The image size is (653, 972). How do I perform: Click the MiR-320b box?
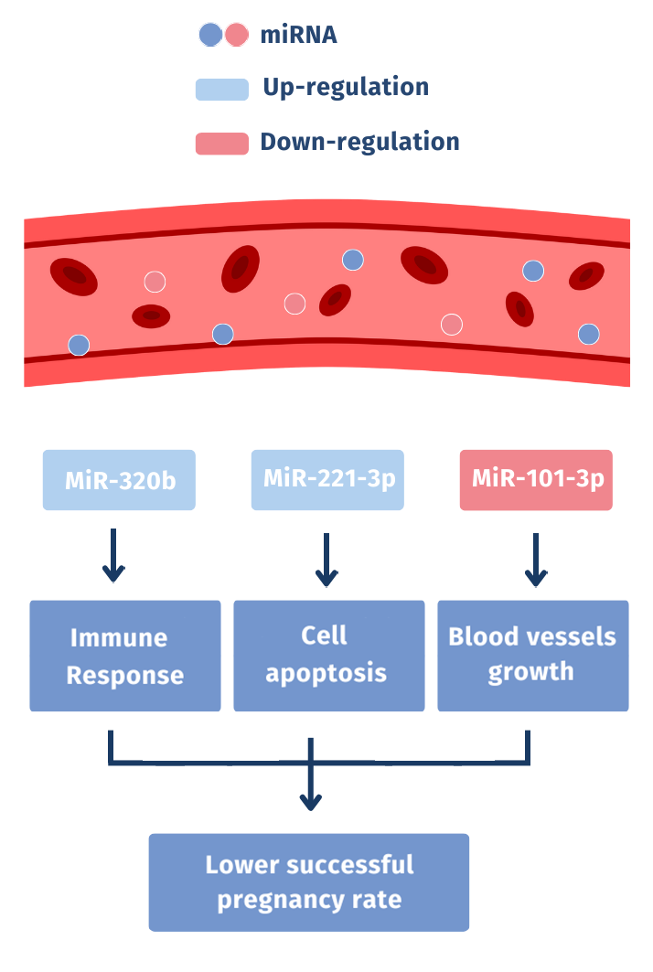coord(119,480)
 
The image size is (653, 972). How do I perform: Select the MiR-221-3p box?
coord(326,479)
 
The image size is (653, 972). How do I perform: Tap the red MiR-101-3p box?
coord(535,479)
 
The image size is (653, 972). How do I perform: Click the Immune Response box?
coord(125,656)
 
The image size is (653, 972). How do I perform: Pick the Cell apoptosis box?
coord(328,656)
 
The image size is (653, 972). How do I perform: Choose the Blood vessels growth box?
coord(532,656)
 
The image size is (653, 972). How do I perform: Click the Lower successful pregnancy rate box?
coord(309,882)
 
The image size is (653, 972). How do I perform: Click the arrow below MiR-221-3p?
coord(326,560)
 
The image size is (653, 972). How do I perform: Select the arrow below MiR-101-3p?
coord(536,560)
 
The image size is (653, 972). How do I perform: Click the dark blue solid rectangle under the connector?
coord(244,787)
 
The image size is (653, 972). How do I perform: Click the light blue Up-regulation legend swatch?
coord(221,89)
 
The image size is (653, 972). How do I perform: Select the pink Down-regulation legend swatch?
coord(221,144)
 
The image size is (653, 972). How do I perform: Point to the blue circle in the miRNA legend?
coord(210,35)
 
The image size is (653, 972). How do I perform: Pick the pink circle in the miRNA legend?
coord(237,35)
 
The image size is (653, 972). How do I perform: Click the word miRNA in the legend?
coord(298,35)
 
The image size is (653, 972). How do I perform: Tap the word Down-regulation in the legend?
coord(359,143)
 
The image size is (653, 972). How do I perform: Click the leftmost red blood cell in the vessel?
coord(74,275)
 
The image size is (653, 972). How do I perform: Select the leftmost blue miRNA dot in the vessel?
coord(80,345)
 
